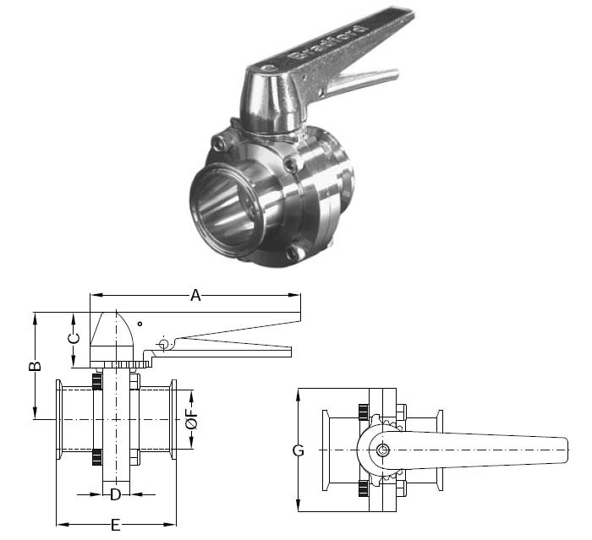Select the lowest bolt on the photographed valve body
tap(294, 253)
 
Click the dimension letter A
tap(195, 295)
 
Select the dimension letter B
tap(35, 367)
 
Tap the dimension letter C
tap(74, 338)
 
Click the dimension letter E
tap(115, 526)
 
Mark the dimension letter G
tap(298, 450)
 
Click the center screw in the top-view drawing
tap(383, 449)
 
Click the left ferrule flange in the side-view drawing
tap(59, 426)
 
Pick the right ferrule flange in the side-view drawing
tap(173, 426)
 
